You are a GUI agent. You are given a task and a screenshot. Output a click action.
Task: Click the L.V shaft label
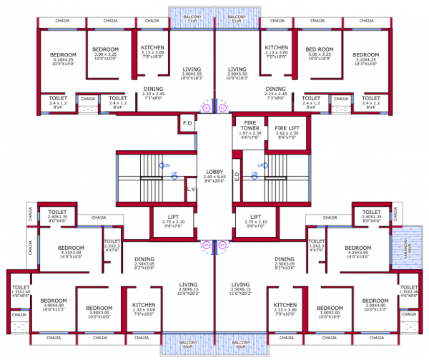pyautogui.click(x=190, y=189)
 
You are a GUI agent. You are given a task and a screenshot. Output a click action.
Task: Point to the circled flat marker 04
pyautogui.click(x=206, y=245)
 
